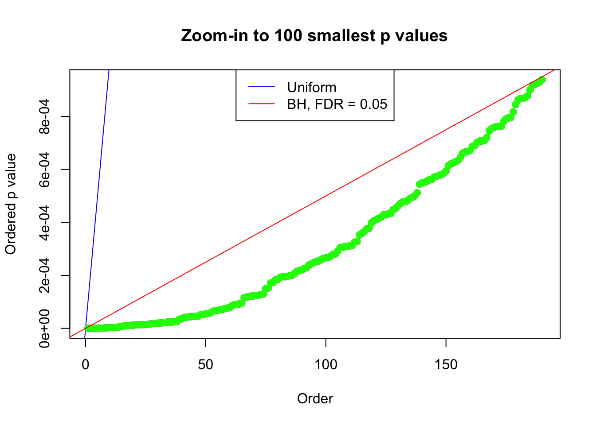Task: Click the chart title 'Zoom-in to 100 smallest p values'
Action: click(314, 35)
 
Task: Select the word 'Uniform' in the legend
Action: click(311, 87)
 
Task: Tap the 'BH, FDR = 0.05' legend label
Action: click(337, 104)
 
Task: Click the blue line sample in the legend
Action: click(261, 87)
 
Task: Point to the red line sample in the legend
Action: click(261, 104)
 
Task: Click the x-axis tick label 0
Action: click(86, 365)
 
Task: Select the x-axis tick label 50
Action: click(205, 365)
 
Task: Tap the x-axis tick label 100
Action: click(325, 365)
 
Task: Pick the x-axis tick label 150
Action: click(446, 365)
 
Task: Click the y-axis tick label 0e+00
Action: click(44, 328)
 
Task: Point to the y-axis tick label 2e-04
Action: click(44, 275)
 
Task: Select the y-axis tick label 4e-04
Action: click(44, 222)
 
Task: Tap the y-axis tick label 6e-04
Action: click(44, 169)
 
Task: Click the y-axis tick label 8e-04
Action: click(44, 116)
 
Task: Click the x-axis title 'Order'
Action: click(315, 399)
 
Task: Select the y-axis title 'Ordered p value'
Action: click(11, 204)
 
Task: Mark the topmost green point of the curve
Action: click(542, 80)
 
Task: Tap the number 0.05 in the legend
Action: click(373, 104)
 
